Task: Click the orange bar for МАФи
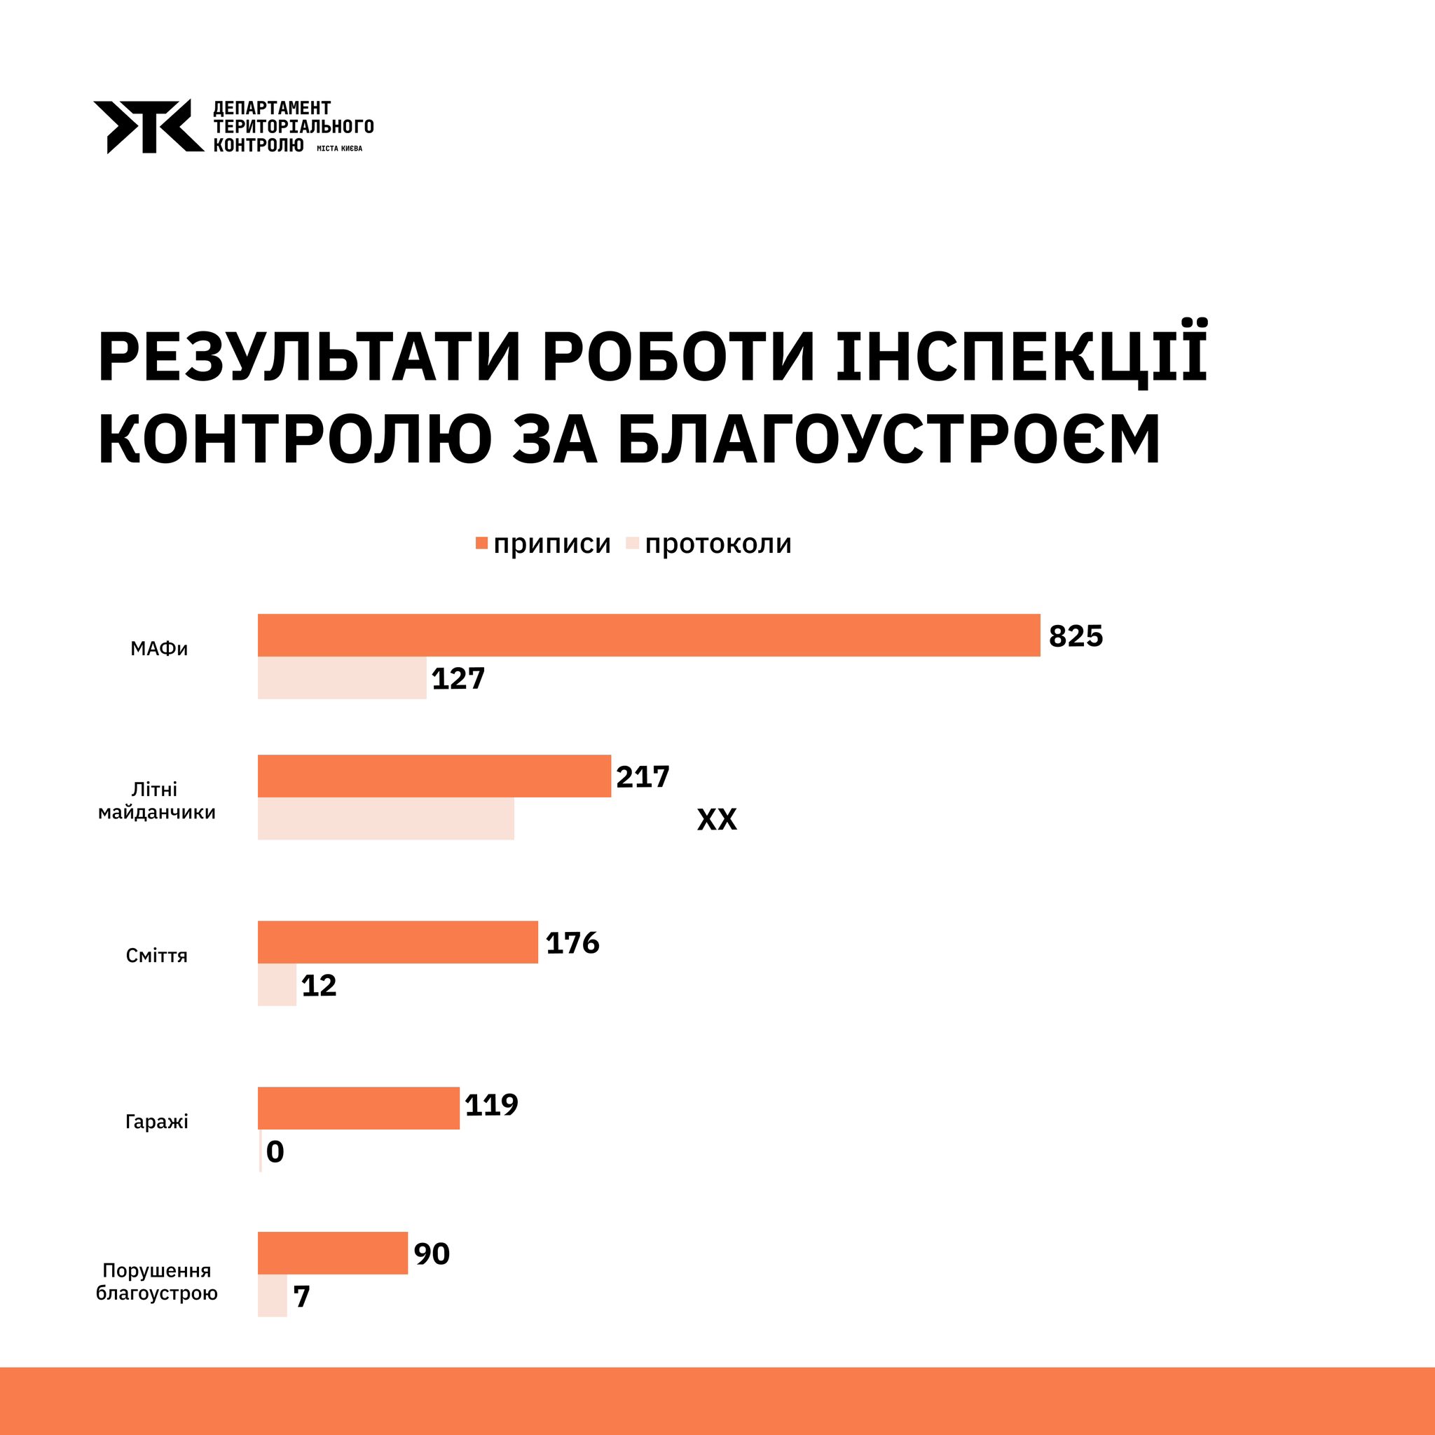pos(648,635)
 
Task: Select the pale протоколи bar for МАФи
pos(342,678)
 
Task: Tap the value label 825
pos(1076,636)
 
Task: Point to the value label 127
pos(458,679)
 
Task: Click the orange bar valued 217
pos(434,776)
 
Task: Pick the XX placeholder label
pos(717,819)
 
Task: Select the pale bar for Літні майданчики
pos(385,818)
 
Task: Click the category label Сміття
pos(157,955)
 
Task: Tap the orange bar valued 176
pos(397,942)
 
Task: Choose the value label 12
pos(319,986)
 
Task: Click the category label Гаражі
pos(157,1121)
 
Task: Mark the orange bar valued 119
pos(358,1108)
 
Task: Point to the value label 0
pos(275,1152)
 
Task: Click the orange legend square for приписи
pos(481,543)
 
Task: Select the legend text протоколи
pos(717,544)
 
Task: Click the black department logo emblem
pos(148,126)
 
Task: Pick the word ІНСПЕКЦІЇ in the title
pos(1022,357)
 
